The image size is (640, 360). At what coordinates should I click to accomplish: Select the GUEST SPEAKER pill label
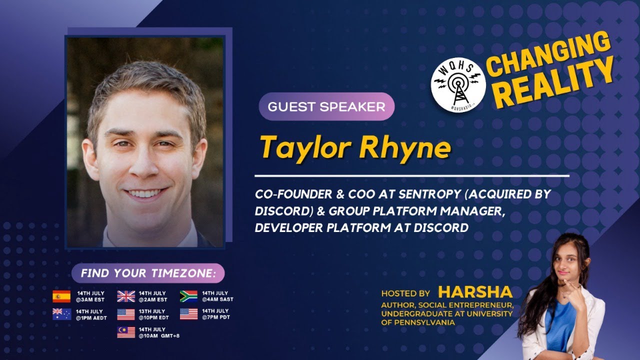point(326,106)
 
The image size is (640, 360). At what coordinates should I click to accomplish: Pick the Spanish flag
point(61,296)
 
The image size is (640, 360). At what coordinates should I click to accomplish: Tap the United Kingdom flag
point(126,296)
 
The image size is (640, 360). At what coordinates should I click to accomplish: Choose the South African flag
point(189,296)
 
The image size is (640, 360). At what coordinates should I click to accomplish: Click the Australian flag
point(61,314)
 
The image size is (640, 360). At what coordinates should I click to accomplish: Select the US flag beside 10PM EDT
point(126,314)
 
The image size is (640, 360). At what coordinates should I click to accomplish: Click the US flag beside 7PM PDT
point(189,314)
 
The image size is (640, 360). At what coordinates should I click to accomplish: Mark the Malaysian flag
point(126,332)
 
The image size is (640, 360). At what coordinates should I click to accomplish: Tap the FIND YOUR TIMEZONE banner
point(148,273)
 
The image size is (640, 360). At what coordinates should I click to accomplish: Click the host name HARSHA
point(475,292)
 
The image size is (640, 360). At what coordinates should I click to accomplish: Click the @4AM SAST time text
point(217,299)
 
